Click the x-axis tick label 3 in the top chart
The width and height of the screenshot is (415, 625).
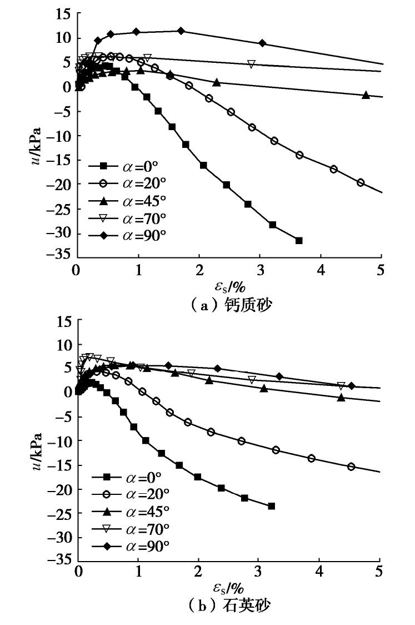click(260, 271)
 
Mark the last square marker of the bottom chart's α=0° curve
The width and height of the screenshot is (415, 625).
click(271, 506)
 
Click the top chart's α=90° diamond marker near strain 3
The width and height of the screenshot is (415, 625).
click(262, 43)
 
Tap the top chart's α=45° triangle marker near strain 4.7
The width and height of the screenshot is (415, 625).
click(366, 95)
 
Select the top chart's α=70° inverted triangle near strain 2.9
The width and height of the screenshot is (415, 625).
click(251, 64)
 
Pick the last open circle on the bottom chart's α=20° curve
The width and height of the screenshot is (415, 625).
click(351, 467)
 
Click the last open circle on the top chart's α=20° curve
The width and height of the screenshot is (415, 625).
click(361, 182)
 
